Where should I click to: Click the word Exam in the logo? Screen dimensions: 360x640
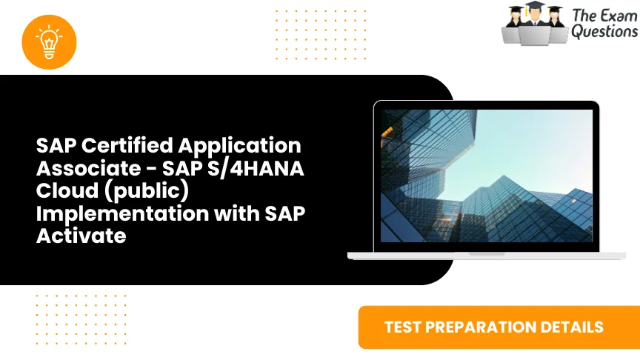pyautogui.click(x=614, y=15)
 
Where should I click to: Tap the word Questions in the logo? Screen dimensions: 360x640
pyautogui.click(x=604, y=32)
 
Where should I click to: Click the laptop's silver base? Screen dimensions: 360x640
pyautogui.click(x=487, y=255)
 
